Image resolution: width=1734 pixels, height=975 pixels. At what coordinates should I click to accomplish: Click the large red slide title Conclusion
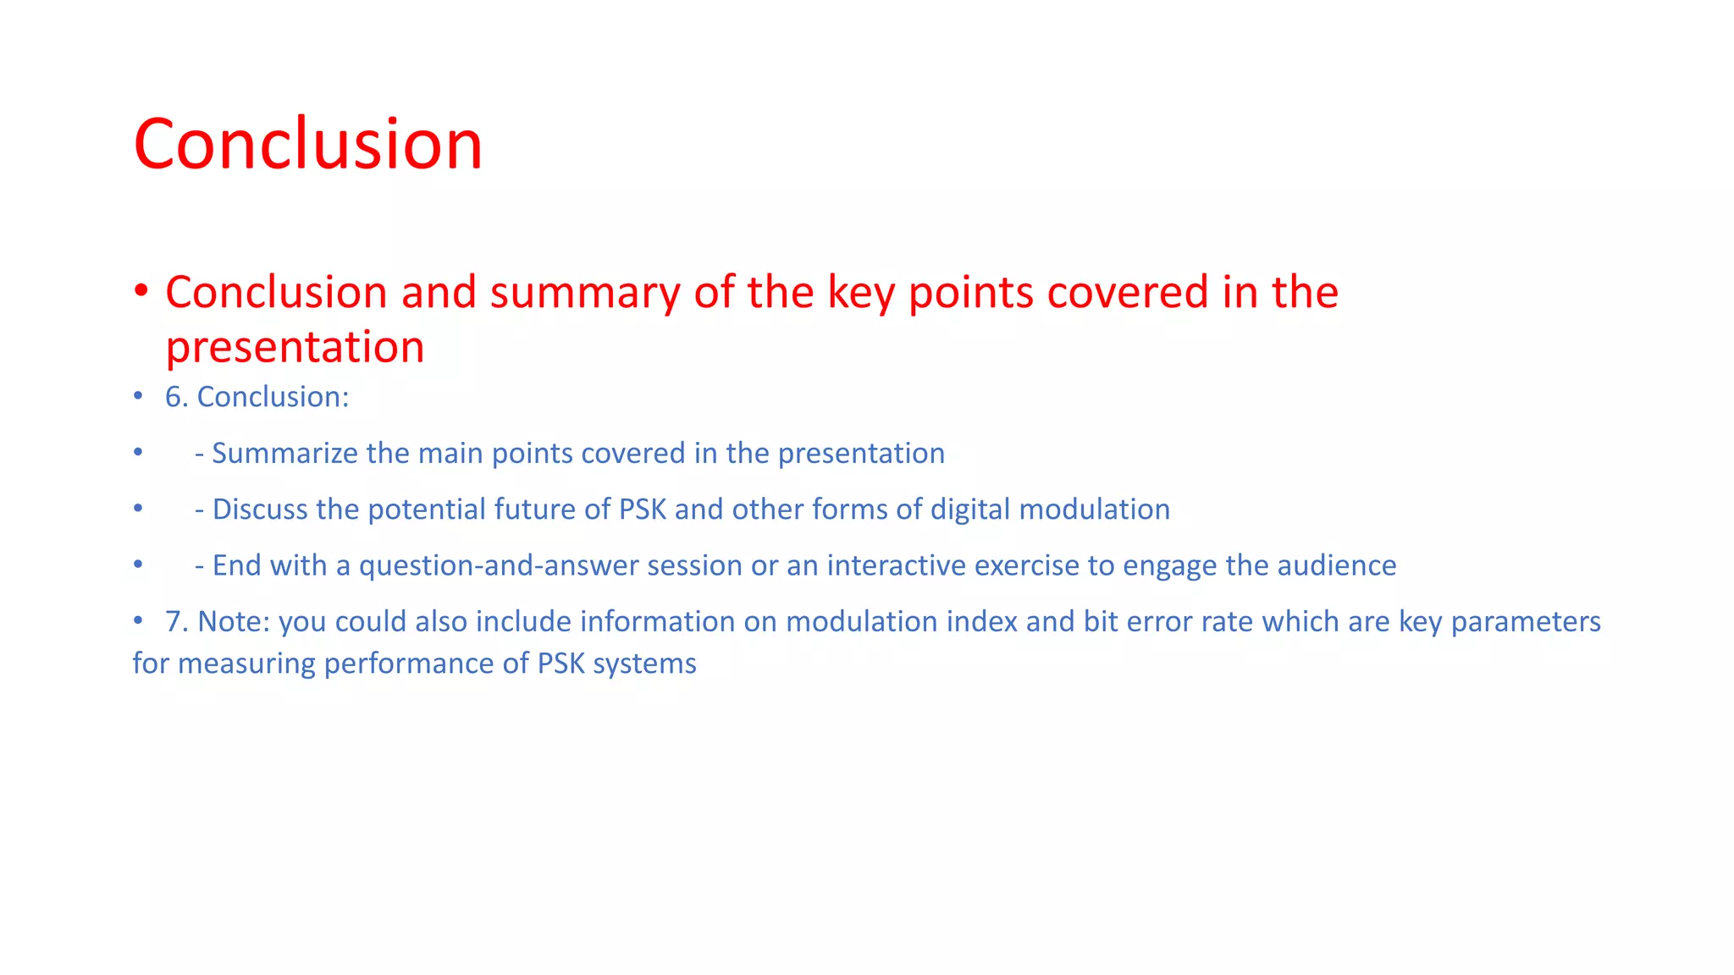[x=307, y=144]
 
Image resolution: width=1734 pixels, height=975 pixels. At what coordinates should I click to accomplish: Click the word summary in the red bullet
[x=584, y=293]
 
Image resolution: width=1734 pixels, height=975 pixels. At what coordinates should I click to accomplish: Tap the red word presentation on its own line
[x=295, y=347]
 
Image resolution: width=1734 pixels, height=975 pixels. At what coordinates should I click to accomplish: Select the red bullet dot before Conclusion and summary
[x=141, y=291]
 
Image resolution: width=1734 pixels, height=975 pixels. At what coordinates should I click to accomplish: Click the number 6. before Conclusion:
[x=176, y=397]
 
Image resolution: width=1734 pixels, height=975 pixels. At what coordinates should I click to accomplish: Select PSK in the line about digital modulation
[x=642, y=510]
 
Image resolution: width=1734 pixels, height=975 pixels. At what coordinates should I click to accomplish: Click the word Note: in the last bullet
[x=234, y=622]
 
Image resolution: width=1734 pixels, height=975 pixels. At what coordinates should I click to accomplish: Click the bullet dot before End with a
[x=138, y=564]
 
